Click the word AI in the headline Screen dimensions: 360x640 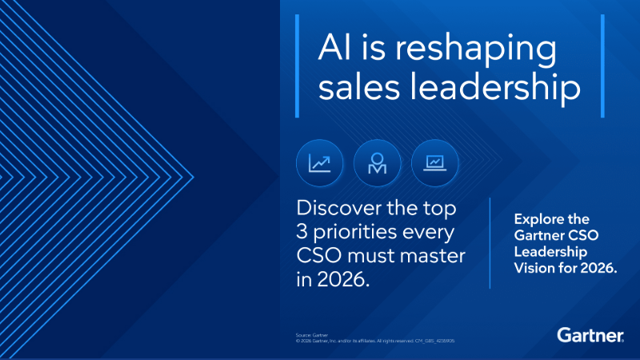point(335,49)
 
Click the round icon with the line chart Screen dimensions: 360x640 point(319,163)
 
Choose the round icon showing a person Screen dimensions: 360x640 point(377,163)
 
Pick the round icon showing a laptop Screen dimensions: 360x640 point(434,163)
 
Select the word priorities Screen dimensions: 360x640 point(361,235)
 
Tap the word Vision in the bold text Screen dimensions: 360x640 point(534,269)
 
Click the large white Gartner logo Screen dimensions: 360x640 point(590,334)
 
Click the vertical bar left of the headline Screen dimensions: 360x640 point(298,66)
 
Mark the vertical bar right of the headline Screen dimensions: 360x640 point(602,66)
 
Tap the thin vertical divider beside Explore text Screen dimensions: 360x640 point(490,244)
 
